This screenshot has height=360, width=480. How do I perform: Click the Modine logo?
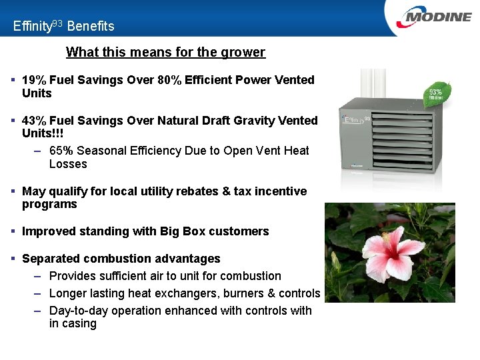tap(433, 17)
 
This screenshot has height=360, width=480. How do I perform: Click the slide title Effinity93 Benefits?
tap(63, 26)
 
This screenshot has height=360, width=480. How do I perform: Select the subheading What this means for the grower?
tap(165, 52)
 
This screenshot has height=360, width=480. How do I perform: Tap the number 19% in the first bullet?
tap(34, 80)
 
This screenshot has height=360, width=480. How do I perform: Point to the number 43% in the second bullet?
tap(34, 121)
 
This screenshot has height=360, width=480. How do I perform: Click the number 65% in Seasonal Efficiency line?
tap(61, 151)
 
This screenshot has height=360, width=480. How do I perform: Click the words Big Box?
tap(183, 231)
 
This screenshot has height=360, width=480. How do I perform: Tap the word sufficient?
tap(127, 276)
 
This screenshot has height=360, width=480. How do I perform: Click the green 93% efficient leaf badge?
tap(435, 93)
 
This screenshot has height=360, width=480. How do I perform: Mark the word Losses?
tap(68, 164)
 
